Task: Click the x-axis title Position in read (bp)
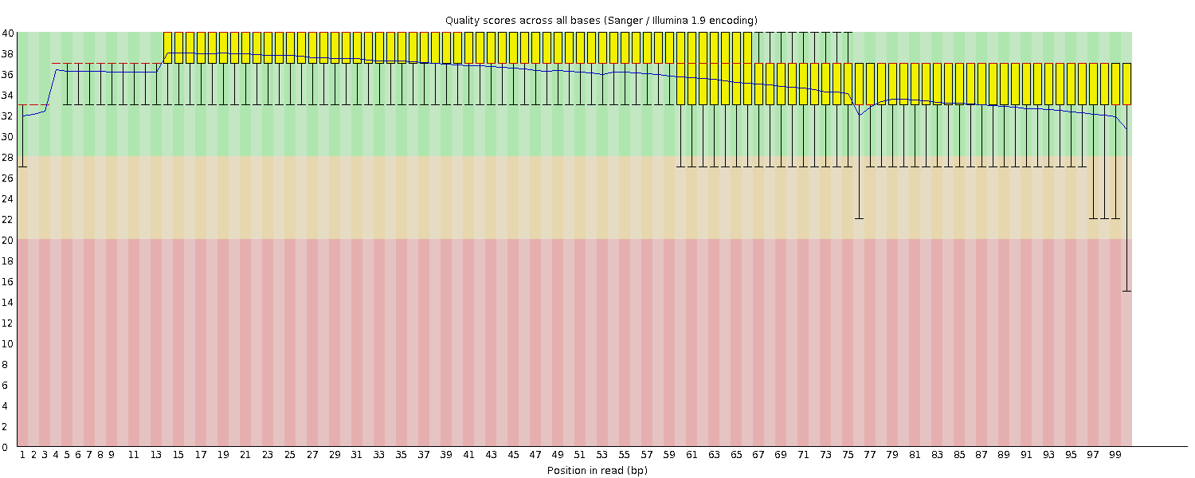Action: (x=597, y=471)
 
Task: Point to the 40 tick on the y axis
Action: (x=7, y=33)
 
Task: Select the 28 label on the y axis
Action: (x=7, y=157)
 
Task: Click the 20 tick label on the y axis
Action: (x=7, y=240)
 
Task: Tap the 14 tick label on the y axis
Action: (x=7, y=302)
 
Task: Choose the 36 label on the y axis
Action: (x=7, y=74)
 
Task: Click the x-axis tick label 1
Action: (x=22, y=455)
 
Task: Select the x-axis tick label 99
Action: (x=1115, y=455)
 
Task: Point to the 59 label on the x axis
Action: (x=669, y=455)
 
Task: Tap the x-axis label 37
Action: (x=424, y=455)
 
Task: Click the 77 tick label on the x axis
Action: (x=870, y=455)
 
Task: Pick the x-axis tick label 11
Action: (x=134, y=455)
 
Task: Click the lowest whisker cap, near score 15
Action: (x=1126, y=291)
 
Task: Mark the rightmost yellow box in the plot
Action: (x=1126, y=84)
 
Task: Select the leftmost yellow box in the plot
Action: (x=168, y=47)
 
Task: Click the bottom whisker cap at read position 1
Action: (x=22, y=167)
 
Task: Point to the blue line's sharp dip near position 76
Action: (x=859, y=115)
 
